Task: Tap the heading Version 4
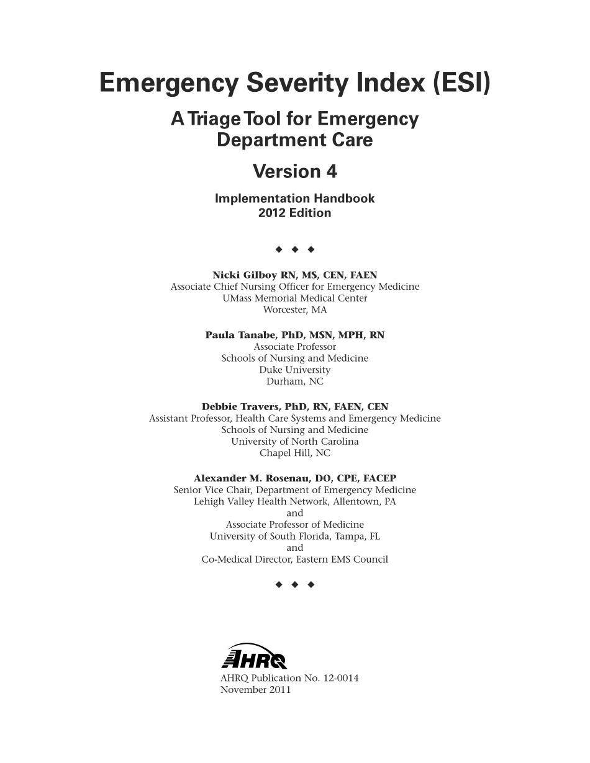(294, 171)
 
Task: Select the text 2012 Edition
(294, 213)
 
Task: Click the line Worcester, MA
(294, 310)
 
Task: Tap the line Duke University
(294, 370)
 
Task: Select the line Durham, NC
(294, 381)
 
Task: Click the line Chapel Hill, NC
(294, 453)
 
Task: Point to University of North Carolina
(294, 442)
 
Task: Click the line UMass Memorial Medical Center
(294, 298)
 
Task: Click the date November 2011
(255, 690)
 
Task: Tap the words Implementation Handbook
(294, 199)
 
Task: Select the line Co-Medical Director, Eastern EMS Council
(294, 560)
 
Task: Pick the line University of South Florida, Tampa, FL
(294, 537)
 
